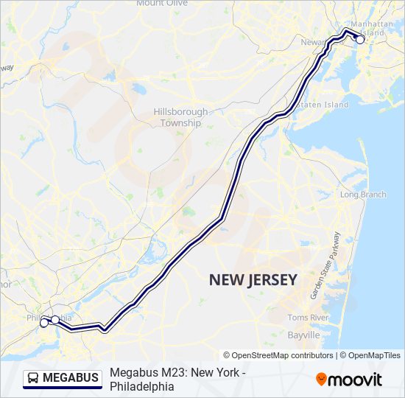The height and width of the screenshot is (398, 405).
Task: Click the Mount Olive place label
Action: point(161,3)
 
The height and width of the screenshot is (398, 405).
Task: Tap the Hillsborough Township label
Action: point(180,117)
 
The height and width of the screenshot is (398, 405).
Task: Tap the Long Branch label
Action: point(362,195)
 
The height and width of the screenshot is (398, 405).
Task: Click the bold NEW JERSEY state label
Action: point(253,279)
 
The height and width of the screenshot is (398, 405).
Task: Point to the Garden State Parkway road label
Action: point(325,265)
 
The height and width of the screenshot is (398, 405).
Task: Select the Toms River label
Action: point(308,317)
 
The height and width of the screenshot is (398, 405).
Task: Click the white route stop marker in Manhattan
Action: point(360,40)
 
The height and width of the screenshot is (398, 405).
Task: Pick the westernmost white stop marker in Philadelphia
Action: point(44,323)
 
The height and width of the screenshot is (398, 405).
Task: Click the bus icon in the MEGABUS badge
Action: point(34,378)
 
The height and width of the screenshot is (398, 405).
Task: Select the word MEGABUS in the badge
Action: point(71,378)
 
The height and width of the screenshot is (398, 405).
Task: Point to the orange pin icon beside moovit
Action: point(322,379)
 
